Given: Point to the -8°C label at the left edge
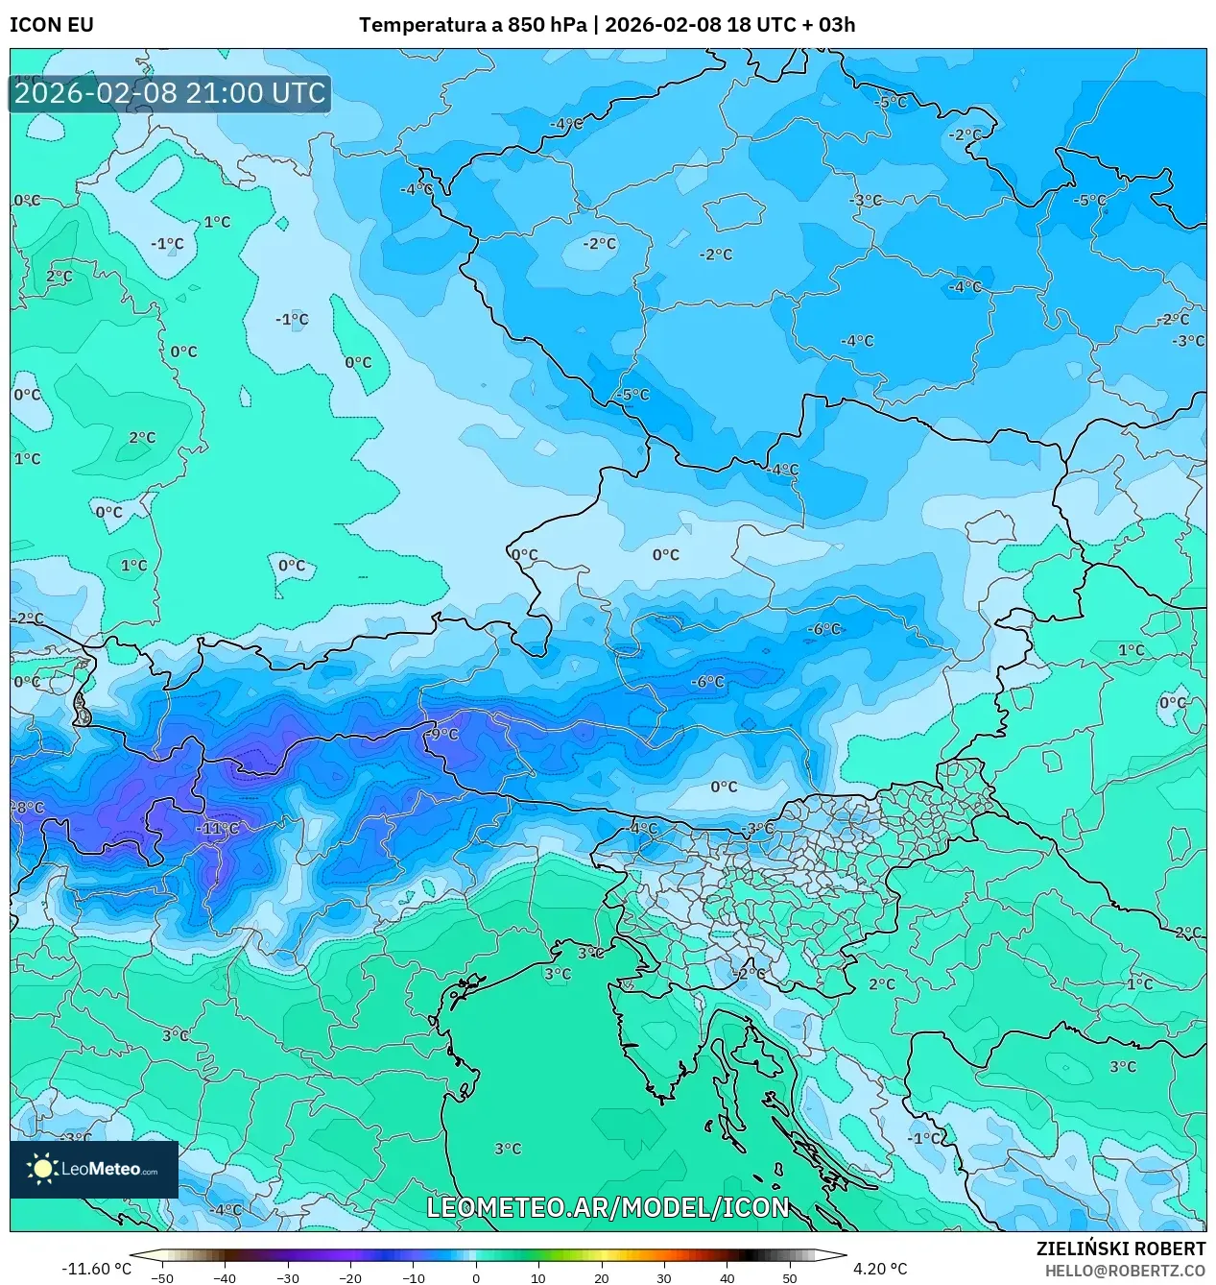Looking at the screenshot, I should [x=28, y=808].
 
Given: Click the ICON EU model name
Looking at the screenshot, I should [x=52, y=25].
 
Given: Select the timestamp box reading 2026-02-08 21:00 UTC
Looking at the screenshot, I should [x=170, y=93].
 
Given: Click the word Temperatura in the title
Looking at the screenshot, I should [x=422, y=25].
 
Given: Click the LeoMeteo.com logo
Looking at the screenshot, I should [x=94, y=1169].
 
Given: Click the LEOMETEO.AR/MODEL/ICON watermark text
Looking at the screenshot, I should [x=608, y=1207].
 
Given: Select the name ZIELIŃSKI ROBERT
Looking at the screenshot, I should [x=1120, y=1249].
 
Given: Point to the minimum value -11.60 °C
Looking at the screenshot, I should [x=96, y=1269].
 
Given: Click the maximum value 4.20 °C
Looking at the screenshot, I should [x=879, y=1269].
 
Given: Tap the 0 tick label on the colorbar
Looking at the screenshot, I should [x=476, y=1278].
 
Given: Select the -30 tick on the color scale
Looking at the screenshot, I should [x=287, y=1278].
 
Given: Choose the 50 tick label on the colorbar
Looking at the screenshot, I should [x=790, y=1278].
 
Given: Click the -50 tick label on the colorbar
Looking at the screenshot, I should [x=162, y=1278].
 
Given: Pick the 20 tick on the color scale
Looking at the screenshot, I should [x=602, y=1278].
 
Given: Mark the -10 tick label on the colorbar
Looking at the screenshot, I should [x=413, y=1278].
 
